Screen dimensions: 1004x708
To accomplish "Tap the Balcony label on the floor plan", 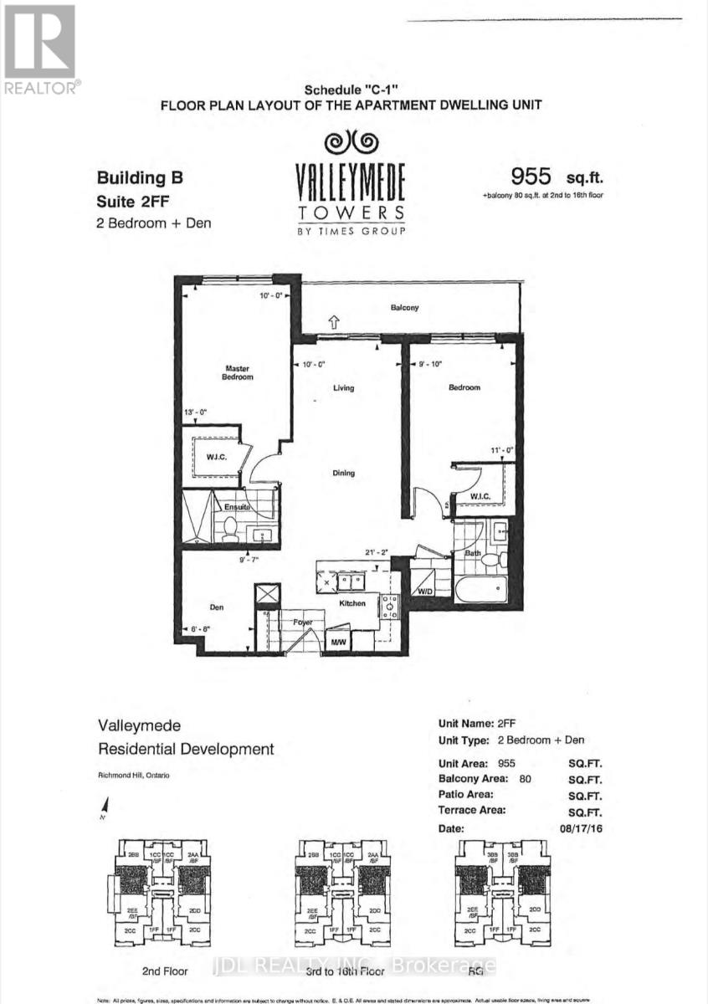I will pos(404,308).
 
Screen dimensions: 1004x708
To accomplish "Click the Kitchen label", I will pos(351,602).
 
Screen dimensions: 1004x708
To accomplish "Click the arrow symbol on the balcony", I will pos(333,319).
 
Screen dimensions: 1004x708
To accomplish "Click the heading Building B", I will pos(139,177).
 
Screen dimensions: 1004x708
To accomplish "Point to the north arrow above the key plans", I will pos(104,806).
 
